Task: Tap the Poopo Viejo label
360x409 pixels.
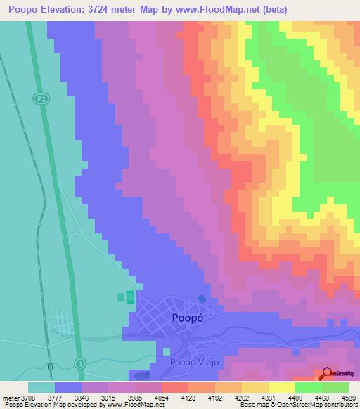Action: click(x=194, y=363)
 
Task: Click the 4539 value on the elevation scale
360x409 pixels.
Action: click(x=348, y=397)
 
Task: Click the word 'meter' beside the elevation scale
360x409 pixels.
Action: click(x=11, y=397)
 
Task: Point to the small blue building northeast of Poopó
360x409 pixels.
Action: click(x=202, y=299)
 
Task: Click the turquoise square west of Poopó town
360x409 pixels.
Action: click(x=121, y=298)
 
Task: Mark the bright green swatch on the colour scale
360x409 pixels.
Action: click(x=309, y=387)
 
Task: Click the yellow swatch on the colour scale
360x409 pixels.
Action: click(x=282, y=387)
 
